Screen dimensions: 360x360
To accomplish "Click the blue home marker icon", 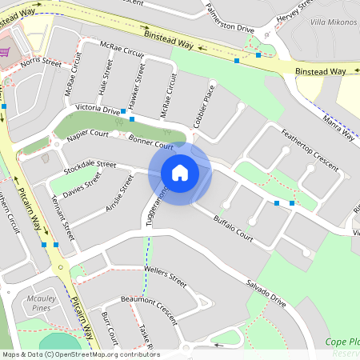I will [180, 172].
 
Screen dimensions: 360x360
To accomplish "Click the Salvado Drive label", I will [266, 291].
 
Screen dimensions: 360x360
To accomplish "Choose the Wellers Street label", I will [165, 278].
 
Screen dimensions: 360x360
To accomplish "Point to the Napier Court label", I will [88, 136].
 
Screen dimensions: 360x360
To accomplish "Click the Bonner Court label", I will [150, 142].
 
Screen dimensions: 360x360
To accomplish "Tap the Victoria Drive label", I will [97, 109].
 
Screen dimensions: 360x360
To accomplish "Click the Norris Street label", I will [42, 62].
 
